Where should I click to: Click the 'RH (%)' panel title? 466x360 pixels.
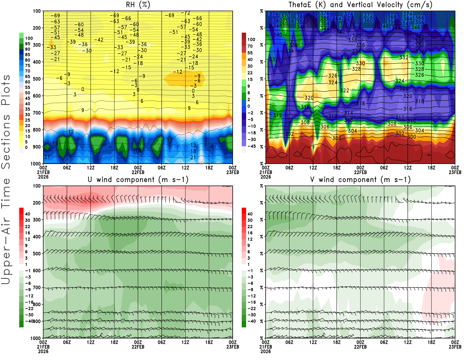coord(138,5)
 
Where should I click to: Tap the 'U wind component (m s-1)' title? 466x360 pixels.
coord(138,180)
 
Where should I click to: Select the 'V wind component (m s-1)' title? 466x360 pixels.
coord(360,180)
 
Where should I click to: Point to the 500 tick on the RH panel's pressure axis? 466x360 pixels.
coord(37,79)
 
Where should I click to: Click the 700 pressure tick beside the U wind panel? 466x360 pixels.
coord(37,287)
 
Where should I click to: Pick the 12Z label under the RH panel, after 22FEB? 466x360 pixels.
coord(185,168)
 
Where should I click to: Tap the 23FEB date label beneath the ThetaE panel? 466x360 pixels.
coord(455,172)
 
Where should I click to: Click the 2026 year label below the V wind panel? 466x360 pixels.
coord(266,352)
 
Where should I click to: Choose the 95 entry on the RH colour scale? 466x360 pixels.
coord(28,44)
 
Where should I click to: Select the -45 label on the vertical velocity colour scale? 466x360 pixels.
coord(251,146)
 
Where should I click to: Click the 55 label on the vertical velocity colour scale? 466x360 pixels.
coord(250,53)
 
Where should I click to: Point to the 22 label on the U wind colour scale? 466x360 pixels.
coord(28,227)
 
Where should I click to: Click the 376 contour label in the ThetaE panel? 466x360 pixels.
coord(325,13)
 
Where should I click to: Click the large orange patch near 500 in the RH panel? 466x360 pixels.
coord(184,79)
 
